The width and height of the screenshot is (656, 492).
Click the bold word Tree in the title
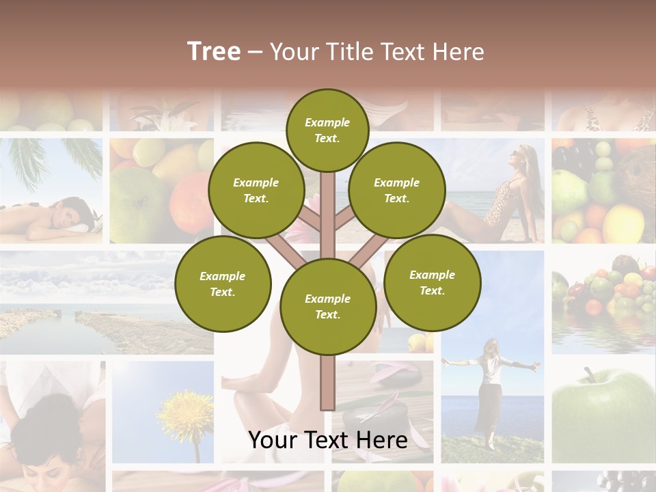214,52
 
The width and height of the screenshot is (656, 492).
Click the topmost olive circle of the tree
327,130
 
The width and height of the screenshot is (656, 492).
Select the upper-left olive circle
256,190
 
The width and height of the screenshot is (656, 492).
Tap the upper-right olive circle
396,190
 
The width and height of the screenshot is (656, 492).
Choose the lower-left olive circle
222,284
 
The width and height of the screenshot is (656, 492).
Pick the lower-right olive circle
432,282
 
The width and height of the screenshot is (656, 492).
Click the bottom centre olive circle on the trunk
327,307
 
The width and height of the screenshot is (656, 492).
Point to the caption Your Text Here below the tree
327,440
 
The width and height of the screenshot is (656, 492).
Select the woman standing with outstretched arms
489,389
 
